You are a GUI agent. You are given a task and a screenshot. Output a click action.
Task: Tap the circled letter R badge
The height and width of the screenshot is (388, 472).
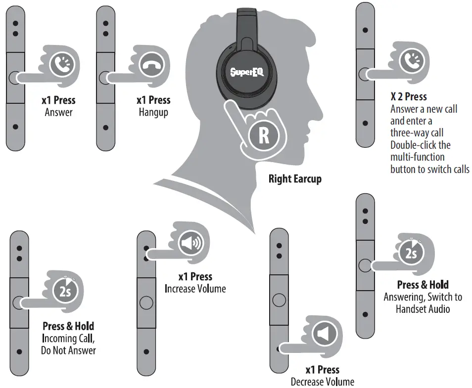263,135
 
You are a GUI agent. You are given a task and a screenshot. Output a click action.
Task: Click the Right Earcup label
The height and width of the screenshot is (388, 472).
295,178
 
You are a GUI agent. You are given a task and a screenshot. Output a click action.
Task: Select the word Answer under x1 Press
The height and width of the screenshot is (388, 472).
58,112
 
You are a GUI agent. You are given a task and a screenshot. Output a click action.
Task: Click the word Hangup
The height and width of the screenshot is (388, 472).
153,112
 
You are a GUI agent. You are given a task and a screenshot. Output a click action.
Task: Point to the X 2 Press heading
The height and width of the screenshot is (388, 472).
409,96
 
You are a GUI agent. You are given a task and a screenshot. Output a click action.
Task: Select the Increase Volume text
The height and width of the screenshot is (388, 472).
195,289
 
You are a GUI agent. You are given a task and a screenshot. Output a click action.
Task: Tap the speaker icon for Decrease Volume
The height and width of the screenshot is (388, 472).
323,335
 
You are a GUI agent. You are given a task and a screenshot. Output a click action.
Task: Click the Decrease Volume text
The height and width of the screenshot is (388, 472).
322,382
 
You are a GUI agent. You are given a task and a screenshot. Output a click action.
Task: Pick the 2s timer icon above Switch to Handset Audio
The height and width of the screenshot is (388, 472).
410,254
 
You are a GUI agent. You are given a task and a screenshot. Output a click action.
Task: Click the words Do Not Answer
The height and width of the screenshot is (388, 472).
68,350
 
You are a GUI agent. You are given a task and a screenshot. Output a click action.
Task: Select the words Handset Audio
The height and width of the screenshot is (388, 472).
423,309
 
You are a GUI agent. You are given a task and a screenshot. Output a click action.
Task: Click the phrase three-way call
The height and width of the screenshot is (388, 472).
417,133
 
